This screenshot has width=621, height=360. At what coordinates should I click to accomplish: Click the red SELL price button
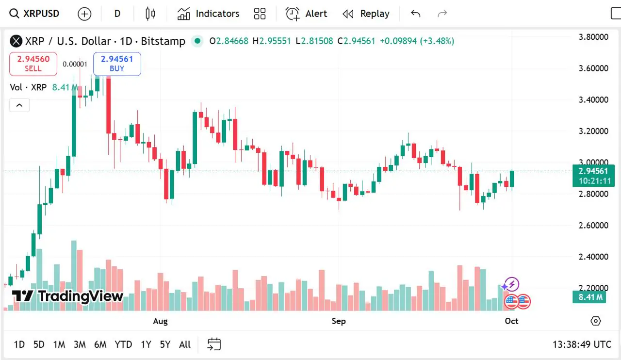click(x=33, y=64)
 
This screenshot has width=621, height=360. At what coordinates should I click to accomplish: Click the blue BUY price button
click(x=117, y=64)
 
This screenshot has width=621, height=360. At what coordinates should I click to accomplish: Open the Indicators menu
click(x=208, y=14)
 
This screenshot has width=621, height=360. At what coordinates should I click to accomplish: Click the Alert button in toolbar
click(x=306, y=14)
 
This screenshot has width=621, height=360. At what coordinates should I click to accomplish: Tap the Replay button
click(x=366, y=14)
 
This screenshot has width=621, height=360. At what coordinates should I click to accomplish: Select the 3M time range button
click(x=80, y=344)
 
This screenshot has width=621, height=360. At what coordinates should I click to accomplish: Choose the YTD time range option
click(x=123, y=344)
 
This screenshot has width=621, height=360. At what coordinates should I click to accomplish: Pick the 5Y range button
click(x=165, y=344)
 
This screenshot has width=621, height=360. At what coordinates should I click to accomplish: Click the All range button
click(x=185, y=344)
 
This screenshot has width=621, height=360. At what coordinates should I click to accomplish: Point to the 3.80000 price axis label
click(x=594, y=37)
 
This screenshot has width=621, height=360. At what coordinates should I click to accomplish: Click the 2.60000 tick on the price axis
click(x=594, y=225)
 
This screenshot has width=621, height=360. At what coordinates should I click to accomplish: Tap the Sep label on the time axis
click(x=339, y=321)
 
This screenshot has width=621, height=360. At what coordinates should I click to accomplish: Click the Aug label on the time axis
click(x=160, y=321)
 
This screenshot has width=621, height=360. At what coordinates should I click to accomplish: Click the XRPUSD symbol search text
click(x=41, y=14)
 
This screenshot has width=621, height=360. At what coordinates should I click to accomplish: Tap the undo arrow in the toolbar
click(x=415, y=14)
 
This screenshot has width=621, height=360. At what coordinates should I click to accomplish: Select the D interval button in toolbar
click(x=117, y=14)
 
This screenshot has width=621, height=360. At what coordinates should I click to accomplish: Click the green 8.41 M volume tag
click(x=590, y=297)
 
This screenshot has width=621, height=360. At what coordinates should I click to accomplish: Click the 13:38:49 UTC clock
click(x=582, y=344)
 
